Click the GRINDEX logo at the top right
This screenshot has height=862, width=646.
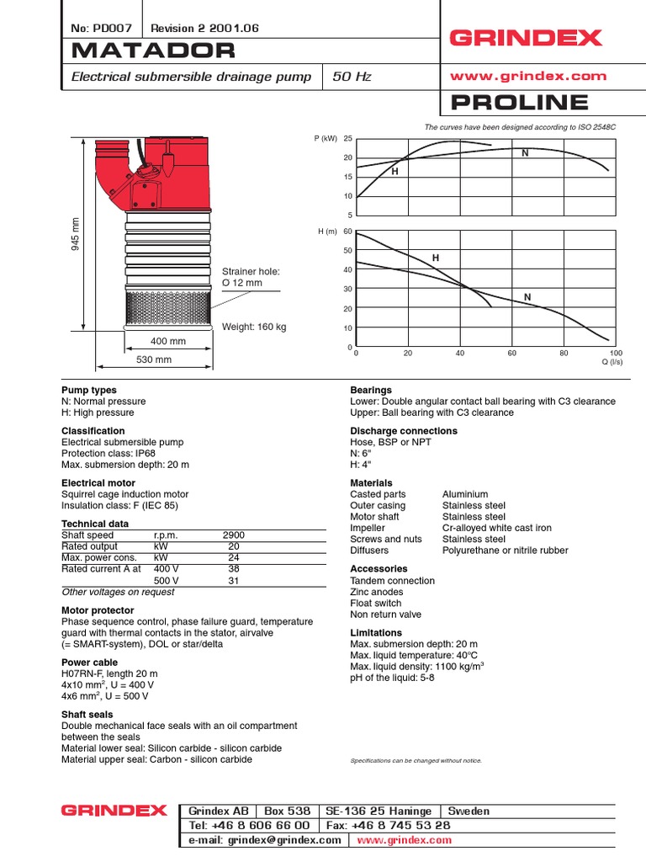click(x=527, y=38)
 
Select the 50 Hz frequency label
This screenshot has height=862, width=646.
click(x=352, y=77)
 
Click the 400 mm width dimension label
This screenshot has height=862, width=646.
click(x=168, y=342)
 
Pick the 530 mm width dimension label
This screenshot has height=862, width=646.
click(x=154, y=359)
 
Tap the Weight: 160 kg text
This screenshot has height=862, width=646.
click(x=254, y=327)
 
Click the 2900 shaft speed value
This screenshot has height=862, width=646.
click(x=234, y=535)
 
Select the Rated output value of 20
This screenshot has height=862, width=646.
click(x=234, y=546)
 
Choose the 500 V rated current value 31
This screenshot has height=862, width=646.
click(x=234, y=581)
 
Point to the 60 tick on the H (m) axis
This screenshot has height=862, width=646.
click(x=347, y=231)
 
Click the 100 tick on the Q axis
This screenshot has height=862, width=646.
click(x=615, y=353)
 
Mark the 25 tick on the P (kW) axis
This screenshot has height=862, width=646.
click(x=347, y=139)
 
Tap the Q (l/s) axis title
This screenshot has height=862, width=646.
click(x=611, y=362)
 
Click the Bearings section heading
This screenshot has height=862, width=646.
click(x=371, y=391)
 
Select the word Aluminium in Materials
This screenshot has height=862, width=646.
click(x=465, y=494)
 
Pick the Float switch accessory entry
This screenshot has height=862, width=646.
click(x=376, y=603)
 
